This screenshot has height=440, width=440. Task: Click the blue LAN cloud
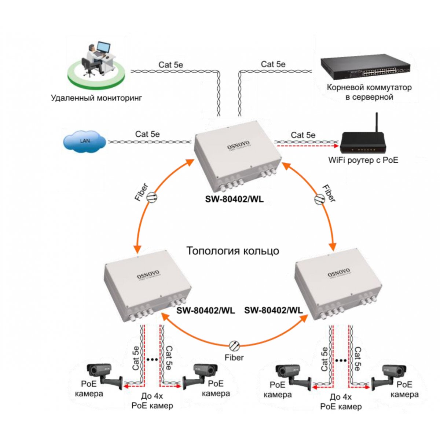pos(85,141)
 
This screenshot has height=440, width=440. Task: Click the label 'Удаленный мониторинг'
pos(96,98)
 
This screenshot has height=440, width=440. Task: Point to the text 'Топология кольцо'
pos(233,251)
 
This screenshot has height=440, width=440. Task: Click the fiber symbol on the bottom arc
pos(234,345)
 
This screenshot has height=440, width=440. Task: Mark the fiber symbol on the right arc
pos(319,199)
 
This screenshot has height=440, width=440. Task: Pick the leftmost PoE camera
pos(103,374)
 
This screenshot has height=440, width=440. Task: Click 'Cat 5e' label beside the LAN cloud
pos(147,134)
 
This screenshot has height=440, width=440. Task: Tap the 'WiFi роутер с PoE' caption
pos(363,160)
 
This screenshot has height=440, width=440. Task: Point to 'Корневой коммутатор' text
pos(369,88)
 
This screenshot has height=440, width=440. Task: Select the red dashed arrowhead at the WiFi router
pos(335,146)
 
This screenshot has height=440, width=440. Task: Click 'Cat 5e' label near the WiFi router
pos(303,135)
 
